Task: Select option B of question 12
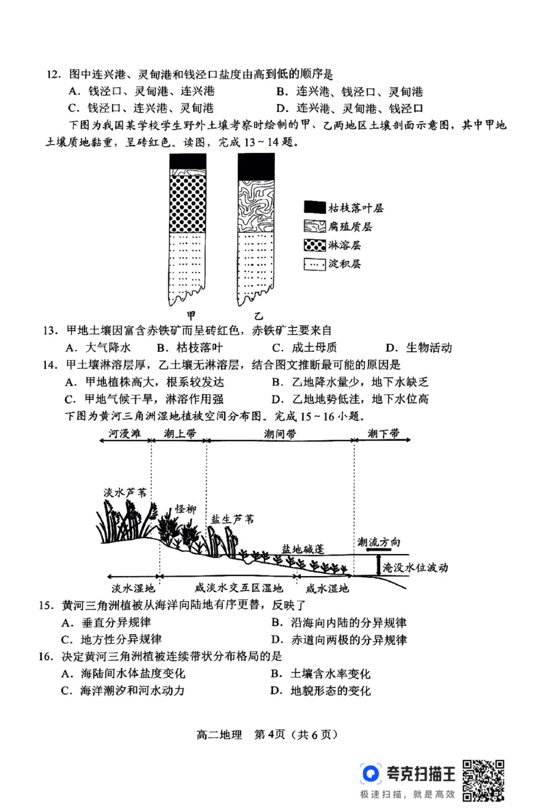pos(349,92)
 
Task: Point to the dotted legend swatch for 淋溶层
pos(314,245)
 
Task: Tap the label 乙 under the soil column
pos(258,316)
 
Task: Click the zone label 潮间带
pos(280,434)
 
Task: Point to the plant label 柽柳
pos(185,509)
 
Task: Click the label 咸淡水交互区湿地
pos(231,588)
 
